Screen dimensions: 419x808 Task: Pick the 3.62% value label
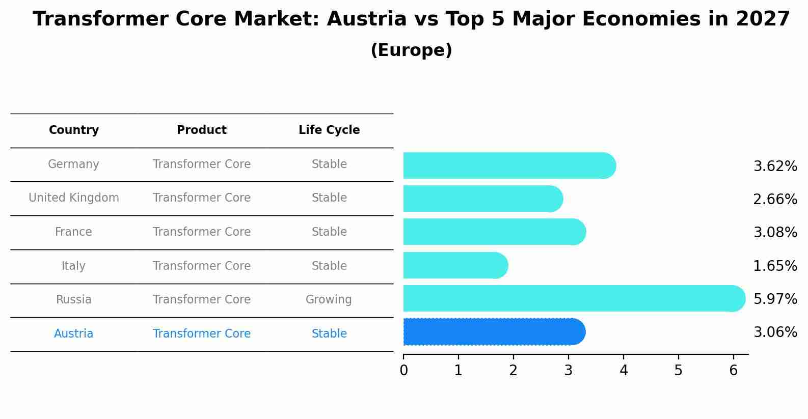(x=775, y=166)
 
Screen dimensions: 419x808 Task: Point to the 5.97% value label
(x=775, y=299)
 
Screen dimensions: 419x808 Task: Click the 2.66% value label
(x=775, y=200)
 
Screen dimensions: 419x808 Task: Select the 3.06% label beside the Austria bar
(x=775, y=332)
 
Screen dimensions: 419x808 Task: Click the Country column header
(x=74, y=130)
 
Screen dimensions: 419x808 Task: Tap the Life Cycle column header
(x=329, y=130)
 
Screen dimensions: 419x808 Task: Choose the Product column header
(x=202, y=130)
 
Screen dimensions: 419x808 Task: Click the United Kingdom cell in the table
(x=74, y=198)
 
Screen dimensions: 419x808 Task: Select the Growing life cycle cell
(x=329, y=300)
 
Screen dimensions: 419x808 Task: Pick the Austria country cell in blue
(x=74, y=334)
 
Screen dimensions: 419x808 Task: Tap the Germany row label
(x=74, y=164)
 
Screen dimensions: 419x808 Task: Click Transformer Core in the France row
(x=202, y=232)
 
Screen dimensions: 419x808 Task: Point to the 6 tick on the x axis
(x=733, y=371)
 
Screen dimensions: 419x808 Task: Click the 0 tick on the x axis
(x=403, y=371)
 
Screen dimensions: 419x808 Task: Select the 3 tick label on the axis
(x=568, y=371)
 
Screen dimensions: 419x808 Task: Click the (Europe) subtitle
(x=411, y=50)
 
